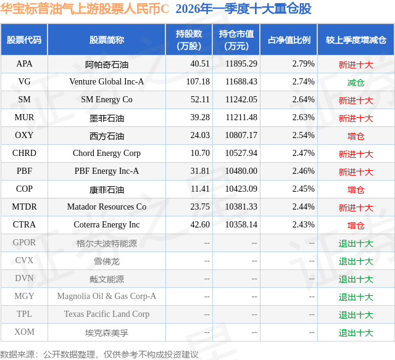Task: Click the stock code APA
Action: click(25, 64)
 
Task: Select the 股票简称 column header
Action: click(107, 40)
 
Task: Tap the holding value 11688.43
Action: click(241, 82)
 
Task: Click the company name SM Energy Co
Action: click(107, 100)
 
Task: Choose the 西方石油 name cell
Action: click(107, 136)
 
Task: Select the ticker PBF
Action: click(25, 171)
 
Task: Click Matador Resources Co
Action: click(107, 207)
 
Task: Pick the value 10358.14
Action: click(241, 225)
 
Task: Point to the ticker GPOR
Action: click(25, 243)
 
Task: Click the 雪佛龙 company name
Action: click(107, 261)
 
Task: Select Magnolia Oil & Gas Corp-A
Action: click(107, 297)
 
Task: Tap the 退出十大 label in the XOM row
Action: click(356, 333)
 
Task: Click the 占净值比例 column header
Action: click(289, 40)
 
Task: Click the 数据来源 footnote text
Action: click(99, 354)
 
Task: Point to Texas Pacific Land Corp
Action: click(107, 314)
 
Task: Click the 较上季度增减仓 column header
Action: click(356, 40)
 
